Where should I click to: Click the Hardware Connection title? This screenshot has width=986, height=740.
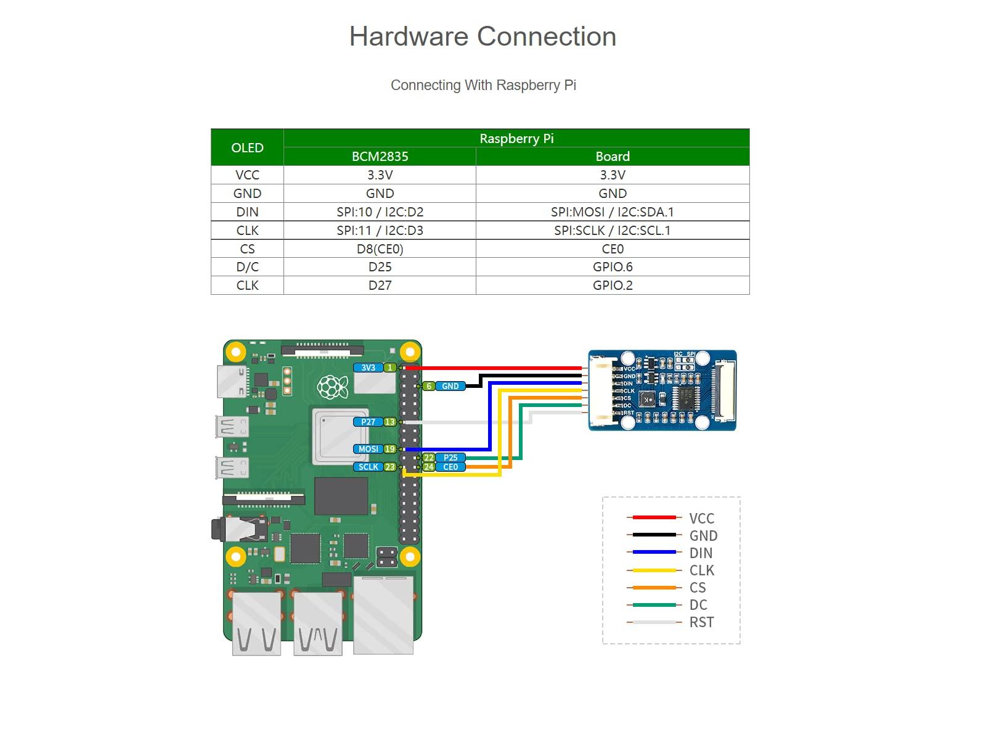(483, 36)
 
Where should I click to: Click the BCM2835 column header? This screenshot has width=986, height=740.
(380, 157)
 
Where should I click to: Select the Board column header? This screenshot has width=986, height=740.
(613, 157)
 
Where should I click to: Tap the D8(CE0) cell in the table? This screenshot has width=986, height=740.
(380, 249)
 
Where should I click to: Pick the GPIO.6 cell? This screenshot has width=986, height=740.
(613, 267)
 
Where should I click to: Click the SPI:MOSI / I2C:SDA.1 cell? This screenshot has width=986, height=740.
(613, 212)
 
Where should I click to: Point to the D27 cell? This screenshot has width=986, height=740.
(380, 286)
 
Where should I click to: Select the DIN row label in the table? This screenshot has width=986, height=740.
(247, 212)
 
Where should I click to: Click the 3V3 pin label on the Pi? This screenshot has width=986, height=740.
(368, 368)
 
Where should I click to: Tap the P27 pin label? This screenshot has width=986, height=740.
(368, 422)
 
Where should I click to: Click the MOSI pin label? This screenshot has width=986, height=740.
(368, 449)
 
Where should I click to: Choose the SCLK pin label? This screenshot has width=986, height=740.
(368, 467)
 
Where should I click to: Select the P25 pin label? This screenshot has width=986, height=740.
(450, 458)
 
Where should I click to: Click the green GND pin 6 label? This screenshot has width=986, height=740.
(450, 386)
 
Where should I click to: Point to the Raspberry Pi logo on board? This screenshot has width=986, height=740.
(333, 387)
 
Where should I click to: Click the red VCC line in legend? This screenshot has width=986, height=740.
(654, 517)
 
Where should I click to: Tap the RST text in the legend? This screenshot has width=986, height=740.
(701, 622)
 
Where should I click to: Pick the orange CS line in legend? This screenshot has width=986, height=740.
(654, 588)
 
